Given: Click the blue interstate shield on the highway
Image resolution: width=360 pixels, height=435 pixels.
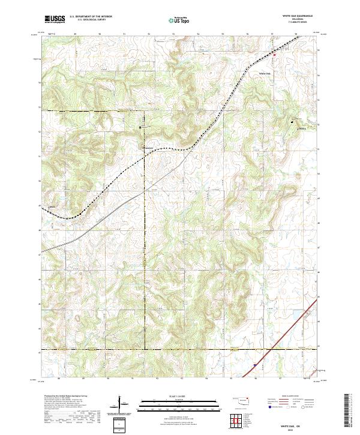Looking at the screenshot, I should (254, 364).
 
